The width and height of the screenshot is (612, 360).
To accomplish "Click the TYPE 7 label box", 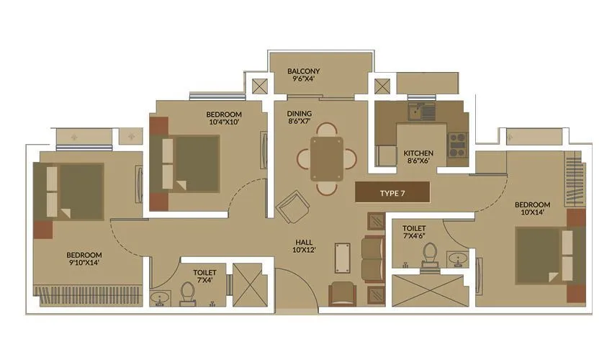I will tap(392, 193).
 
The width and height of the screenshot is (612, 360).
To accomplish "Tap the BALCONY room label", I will tap(303, 76).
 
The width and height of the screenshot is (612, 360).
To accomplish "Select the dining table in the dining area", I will tap(327, 159).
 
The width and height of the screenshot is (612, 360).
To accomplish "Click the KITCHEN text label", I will tap(418, 158).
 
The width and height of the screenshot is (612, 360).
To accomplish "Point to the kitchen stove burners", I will tap(458, 145).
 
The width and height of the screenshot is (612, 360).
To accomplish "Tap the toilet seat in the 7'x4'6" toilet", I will tap(431, 256).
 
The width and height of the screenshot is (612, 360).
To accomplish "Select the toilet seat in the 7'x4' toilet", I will tap(187, 293).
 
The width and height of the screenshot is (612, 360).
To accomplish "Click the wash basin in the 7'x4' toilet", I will tap(161, 297).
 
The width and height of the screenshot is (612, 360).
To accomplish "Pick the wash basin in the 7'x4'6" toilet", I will tap(456, 258).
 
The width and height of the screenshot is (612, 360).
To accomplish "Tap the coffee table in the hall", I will tap(343, 256).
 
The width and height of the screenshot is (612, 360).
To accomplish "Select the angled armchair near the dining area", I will tap(294, 207).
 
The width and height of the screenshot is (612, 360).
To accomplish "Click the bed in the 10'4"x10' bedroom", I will tap(192, 163).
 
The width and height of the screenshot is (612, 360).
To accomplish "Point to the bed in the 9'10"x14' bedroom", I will tap(75, 191).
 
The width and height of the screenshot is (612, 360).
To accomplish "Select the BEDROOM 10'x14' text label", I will tap(532, 209).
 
